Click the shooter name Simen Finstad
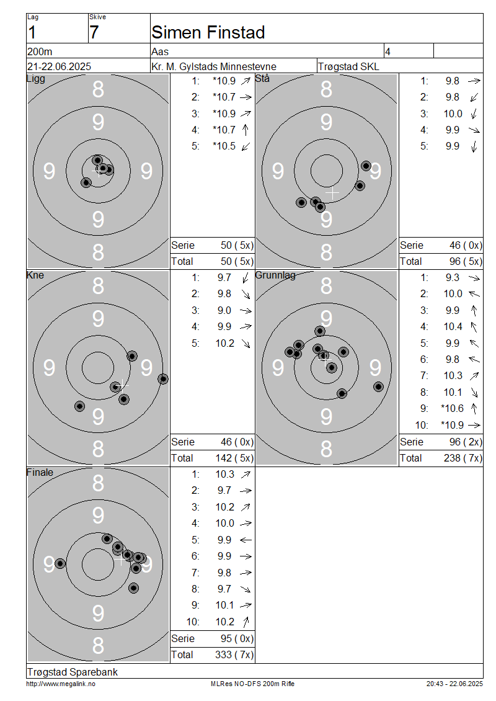pyautogui.click(x=208, y=32)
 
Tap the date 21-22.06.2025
pyautogui.click(x=59, y=66)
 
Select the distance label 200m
pyautogui.click(x=40, y=51)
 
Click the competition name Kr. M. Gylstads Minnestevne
pyautogui.click(x=214, y=66)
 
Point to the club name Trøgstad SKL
pyautogui.click(x=348, y=66)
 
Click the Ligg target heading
pyautogui.click(x=36, y=79)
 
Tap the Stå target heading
pyautogui.click(x=262, y=78)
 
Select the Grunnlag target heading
pyautogui.click(x=275, y=275)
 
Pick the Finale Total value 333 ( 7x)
pyautogui.click(x=234, y=655)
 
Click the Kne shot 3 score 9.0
pyautogui.click(x=224, y=310)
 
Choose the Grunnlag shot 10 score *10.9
pyautogui.click(x=452, y=425)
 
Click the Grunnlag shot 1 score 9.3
pyautogui.click(x=452, y=278)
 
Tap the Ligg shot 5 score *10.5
pyautogui.click(x=224, y=146)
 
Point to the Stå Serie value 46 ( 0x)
pyautogui.click(x=466, y=246)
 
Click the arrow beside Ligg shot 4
pyautogui.click(x=246, y=130)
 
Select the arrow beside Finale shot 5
pyautogui.click(x=246, y=540)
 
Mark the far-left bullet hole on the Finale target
pyautogui.click(x=60, y=564)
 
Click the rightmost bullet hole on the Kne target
pyautogui.click(x=163, y=379)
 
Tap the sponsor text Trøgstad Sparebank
pyautogui.click(x=73, y=672)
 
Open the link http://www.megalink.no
pyautogui.click(x=61, y=684)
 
